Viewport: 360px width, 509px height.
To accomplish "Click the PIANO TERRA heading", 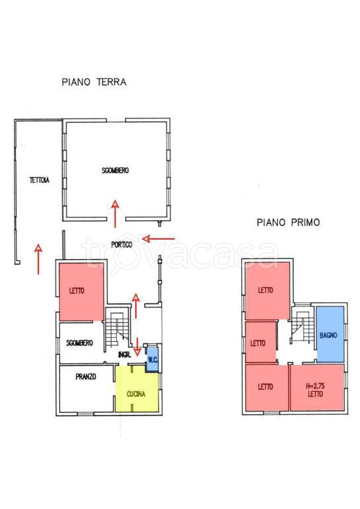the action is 94,82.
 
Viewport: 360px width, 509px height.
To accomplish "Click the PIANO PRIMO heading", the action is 288,223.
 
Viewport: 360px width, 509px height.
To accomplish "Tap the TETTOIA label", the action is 39,180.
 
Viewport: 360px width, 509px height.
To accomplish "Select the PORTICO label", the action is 122,245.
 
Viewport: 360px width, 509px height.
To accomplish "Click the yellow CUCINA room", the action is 137,389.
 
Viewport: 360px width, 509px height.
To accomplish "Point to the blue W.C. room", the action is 152,359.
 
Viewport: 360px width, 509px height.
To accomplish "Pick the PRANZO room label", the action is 86,376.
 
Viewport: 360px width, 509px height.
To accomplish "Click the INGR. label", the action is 125,355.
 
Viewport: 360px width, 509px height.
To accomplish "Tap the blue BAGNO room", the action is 330,334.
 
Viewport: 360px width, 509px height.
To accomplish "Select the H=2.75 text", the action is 315,386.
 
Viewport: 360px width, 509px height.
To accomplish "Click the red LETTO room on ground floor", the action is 82,291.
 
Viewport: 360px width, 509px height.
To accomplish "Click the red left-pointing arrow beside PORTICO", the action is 158,239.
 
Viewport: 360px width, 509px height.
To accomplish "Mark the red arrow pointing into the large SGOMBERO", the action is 115,214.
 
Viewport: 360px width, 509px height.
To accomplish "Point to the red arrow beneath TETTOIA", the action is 38,259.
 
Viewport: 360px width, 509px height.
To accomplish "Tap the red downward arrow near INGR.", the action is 137,346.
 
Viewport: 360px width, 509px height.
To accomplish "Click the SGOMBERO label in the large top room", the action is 115,170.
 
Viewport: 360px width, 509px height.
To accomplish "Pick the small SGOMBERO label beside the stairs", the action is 80,343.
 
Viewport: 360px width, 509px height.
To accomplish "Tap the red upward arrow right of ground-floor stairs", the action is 135,306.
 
